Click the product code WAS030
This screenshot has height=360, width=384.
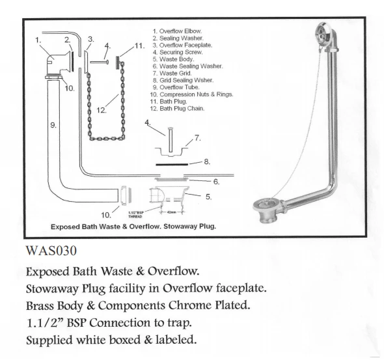(51, 251)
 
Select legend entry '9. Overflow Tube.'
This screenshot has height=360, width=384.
(176, 87)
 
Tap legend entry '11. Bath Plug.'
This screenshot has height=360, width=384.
(169, 102)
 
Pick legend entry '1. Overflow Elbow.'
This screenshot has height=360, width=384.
(177, 31)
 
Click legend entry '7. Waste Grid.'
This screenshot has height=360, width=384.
(172, 73)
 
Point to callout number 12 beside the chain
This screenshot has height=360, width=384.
(102, 110)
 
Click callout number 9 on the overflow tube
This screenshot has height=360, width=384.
(53, 125)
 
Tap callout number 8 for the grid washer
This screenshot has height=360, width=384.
(207, 161)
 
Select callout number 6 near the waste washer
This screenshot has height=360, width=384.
(216, 182)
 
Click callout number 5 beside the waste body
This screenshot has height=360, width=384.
(208, 197)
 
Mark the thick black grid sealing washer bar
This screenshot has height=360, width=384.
(172, 165)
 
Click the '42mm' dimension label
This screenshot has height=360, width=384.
(171, 212)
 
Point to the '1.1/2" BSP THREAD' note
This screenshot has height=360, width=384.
(135, 215)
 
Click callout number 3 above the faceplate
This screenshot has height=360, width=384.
(91, 39)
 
